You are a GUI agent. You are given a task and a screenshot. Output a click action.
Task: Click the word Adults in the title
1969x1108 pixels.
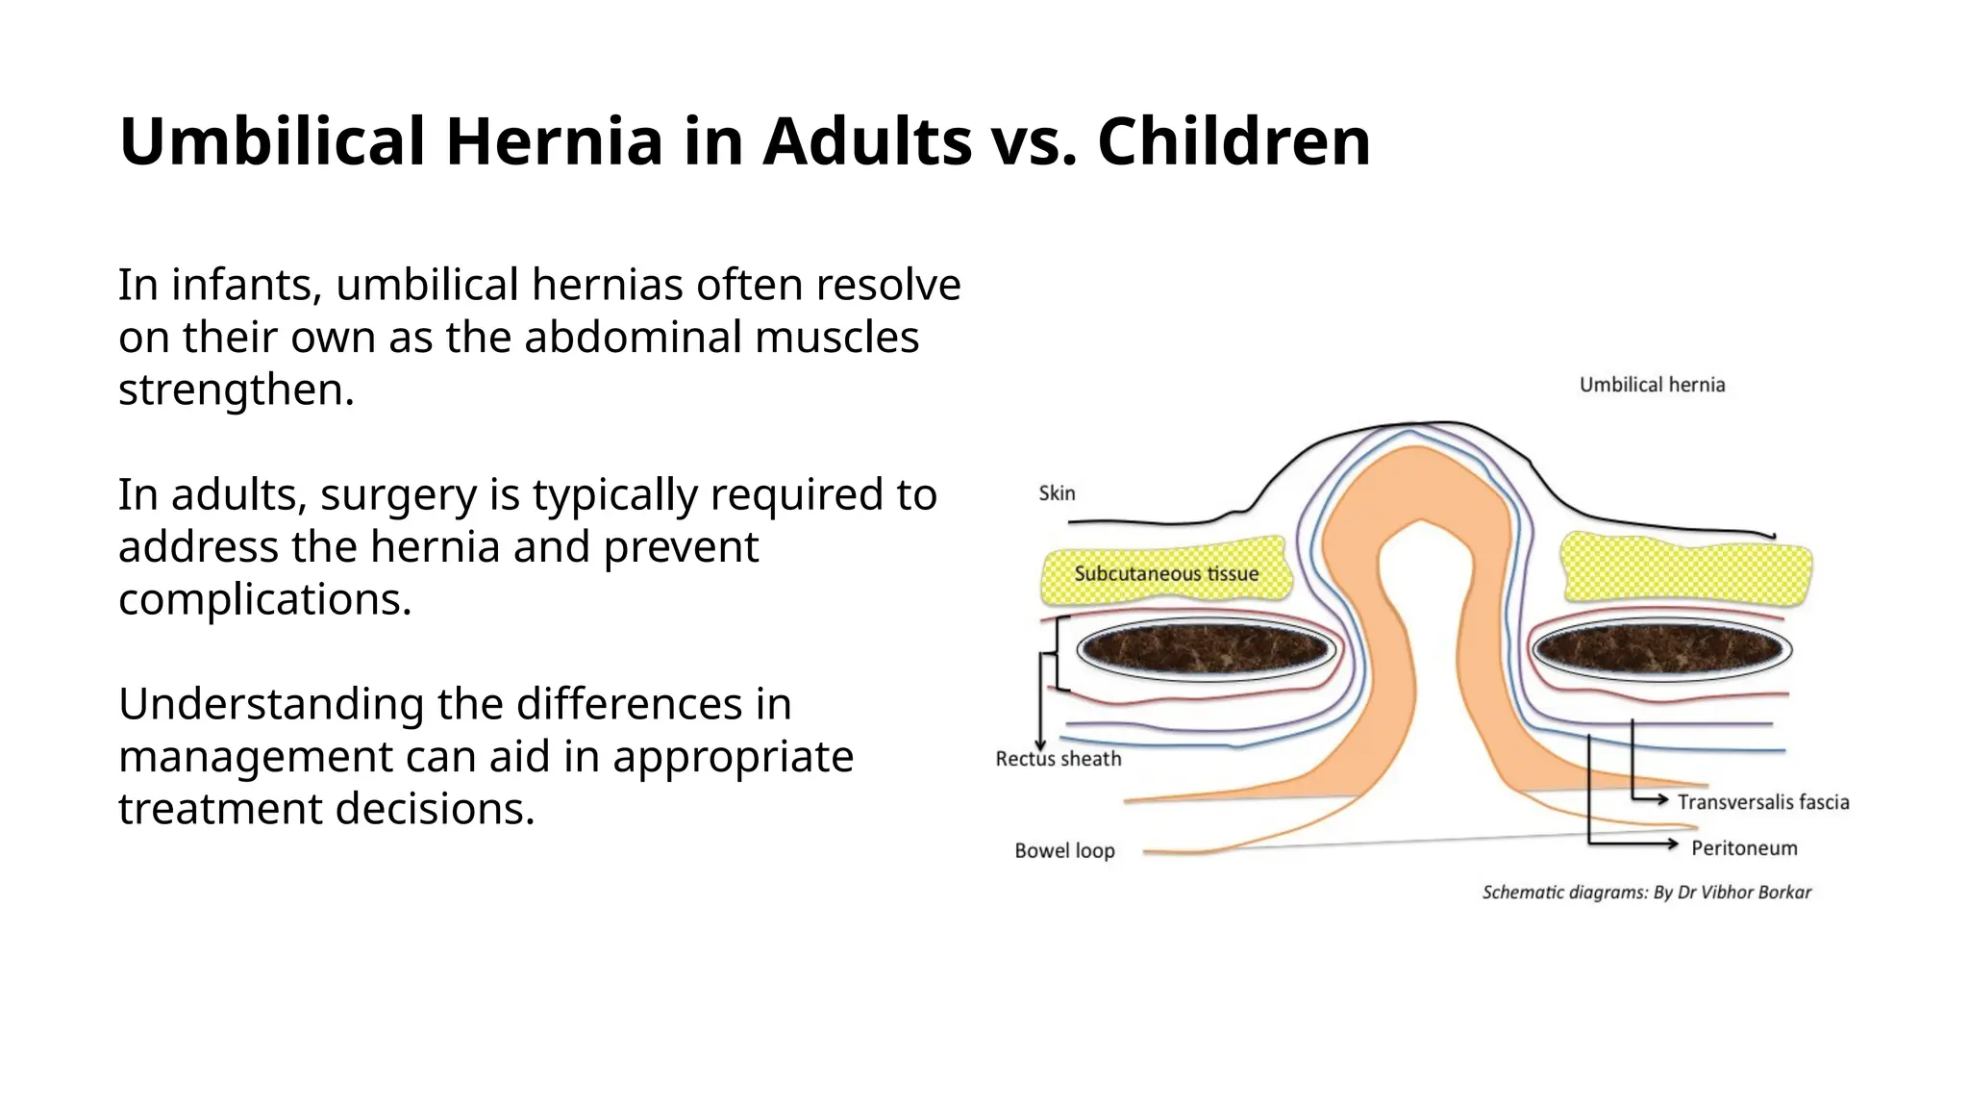click(x=867, y=141)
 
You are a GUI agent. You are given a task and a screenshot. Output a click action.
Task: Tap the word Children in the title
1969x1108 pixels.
click(x=1234, y=141)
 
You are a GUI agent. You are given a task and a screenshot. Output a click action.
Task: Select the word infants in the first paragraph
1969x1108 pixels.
click(x=246, y=285)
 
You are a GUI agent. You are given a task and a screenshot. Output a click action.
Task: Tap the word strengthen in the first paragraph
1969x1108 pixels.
click(x=236, y=390)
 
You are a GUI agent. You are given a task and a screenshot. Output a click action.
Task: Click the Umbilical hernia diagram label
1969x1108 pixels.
click(x=1652, y=385)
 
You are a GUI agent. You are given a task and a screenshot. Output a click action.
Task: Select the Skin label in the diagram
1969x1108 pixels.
click(x=1057, y=493)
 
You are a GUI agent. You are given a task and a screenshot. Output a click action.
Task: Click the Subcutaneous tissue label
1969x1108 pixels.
click(x=1166, y=574)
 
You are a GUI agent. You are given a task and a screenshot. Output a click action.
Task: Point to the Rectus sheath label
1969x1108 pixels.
click(x=1059, y=759)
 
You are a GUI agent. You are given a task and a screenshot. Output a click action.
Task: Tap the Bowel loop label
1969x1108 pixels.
click(x=1064, y=851)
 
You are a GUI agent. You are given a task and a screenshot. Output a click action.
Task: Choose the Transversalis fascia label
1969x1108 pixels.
click(x=1763, y=802)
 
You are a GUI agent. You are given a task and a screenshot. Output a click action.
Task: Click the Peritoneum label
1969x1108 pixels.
click(x=1744, y=848)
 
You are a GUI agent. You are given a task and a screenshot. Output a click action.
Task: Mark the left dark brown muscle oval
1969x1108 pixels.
click(x=1206, y=650)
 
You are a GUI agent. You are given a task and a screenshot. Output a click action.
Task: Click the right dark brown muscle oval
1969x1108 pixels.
click(x=1661, y=650)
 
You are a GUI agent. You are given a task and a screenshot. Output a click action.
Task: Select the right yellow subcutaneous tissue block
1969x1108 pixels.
click(x=1686, y=569)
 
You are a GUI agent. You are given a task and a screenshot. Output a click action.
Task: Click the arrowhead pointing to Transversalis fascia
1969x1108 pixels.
click(x=1662, y=799)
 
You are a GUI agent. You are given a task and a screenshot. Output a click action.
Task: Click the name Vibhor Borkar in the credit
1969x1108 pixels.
click(x=1756, y=893)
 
